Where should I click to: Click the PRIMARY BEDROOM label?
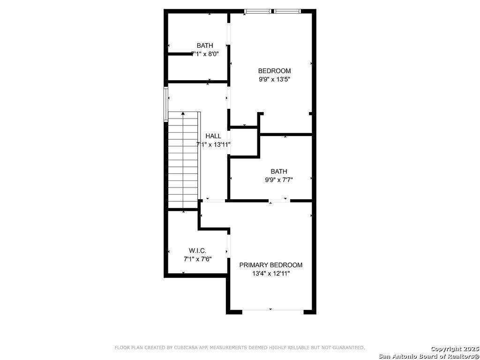click(x=270, y=265)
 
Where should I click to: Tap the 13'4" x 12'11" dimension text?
click(x=270, y=274)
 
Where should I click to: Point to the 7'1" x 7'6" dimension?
click(x=197, y=259)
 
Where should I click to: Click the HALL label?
click(x=213, y=136)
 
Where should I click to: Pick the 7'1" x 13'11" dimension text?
click(x=213, y=144)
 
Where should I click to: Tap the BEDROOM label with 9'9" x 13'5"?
click(x=274, y=71)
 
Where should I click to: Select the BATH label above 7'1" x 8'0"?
click(x=205, y=45)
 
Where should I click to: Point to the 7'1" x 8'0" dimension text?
click(x=205, y=54)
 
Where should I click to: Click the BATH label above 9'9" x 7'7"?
click(x=279, y=172)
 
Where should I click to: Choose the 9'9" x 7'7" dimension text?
click(x=279, y=180)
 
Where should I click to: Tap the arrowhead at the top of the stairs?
click(x=183, y=113)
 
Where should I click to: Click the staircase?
click(x=184, y=160)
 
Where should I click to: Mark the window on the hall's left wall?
click(x=166, y=105)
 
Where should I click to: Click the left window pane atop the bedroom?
click(x=258, y=11)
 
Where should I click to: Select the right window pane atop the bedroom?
click(x=287, y=11)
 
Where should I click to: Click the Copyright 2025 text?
click(x=454, y=349)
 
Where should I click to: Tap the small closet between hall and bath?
click(x=244, y=142)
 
